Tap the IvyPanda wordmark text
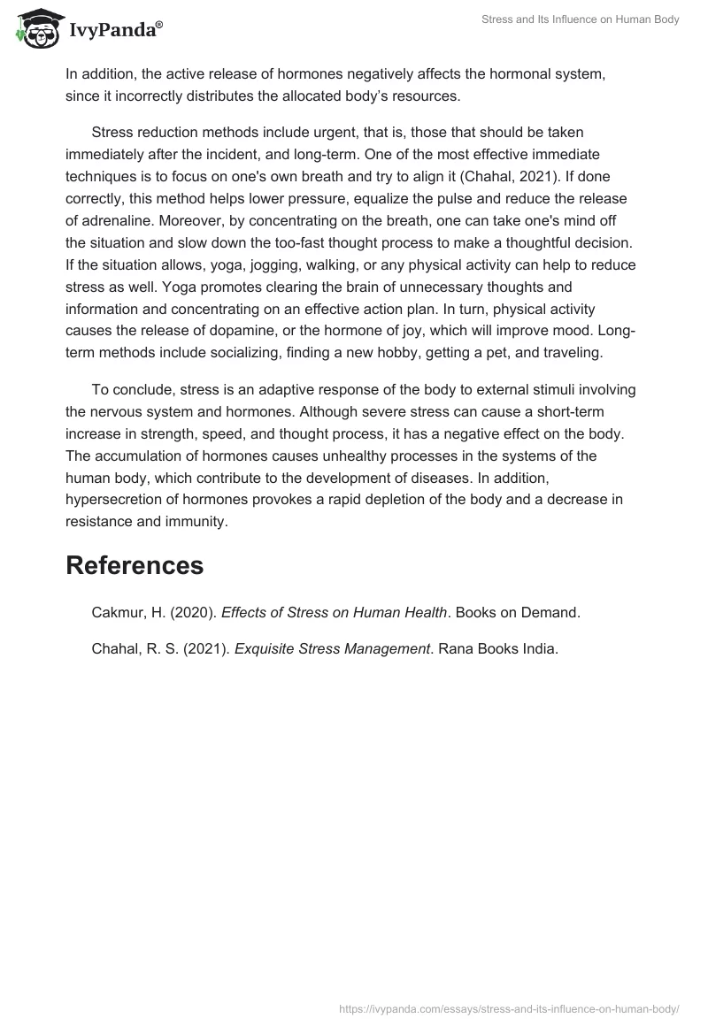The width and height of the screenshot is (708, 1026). click(x=115, y=32)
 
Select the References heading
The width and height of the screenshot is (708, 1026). click(x=135, y=565)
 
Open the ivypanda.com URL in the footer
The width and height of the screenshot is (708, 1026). click(x=509, y=1007)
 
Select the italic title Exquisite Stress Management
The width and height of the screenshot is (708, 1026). click(x=332, y=648)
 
